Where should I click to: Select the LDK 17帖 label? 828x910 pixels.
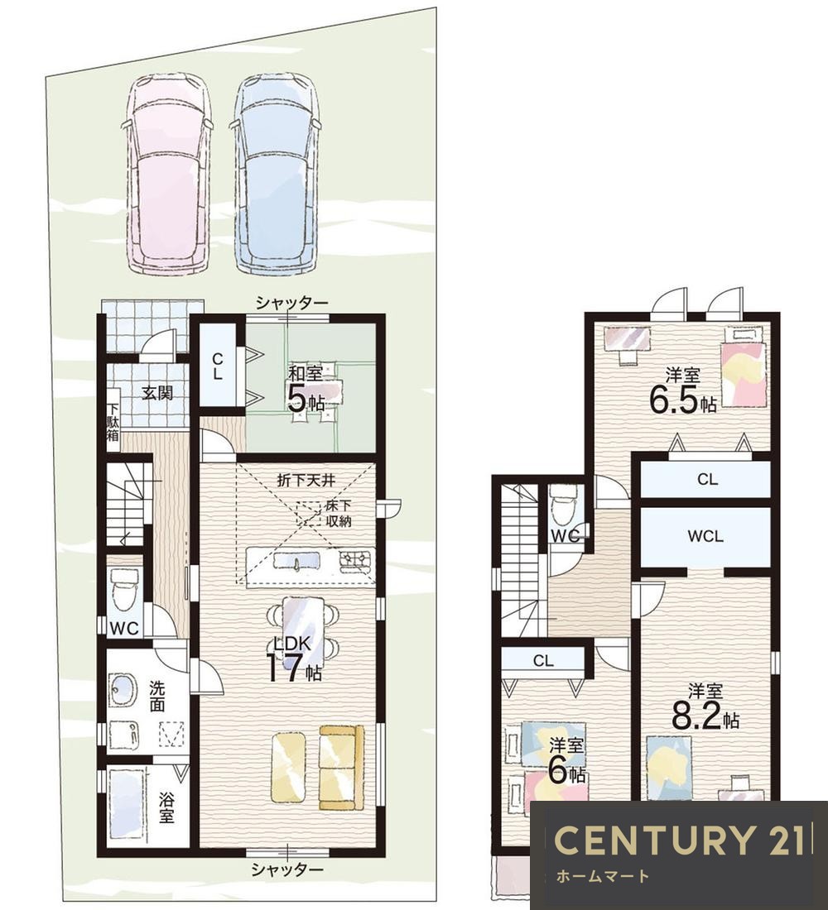(x=294, y=659)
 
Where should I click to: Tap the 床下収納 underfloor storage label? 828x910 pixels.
(x=338, y=512)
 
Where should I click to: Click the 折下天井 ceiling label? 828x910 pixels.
(x=306, y=481)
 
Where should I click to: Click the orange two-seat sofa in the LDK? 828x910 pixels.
(x=341, y=766)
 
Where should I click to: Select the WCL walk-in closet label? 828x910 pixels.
(x=705, y=536)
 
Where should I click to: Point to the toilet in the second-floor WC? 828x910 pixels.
(x=562, y=505)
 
